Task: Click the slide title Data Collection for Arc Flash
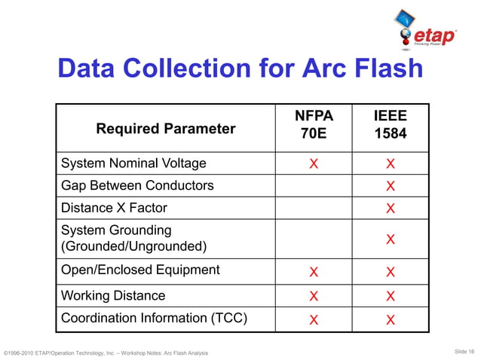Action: coord(240,69)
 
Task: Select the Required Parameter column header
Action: coord(165,129)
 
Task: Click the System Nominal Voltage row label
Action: coord(133,163)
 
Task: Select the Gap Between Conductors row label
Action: coord(137,185)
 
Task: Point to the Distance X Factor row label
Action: coord(114,207)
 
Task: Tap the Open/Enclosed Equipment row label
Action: coord(140,270)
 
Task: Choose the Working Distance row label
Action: coord(113,295)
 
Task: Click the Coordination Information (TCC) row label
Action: coord(154,318)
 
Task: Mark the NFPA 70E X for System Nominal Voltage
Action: coord(314,164)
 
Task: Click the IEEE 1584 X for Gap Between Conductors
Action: coord(391,186)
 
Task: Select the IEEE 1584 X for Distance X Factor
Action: coord(391,208)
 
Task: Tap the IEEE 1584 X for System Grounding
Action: coord(391,239)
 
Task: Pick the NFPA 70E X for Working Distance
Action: coord(314,296)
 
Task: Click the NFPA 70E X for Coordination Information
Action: coord(314,319)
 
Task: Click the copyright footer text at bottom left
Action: coord(106,352)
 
